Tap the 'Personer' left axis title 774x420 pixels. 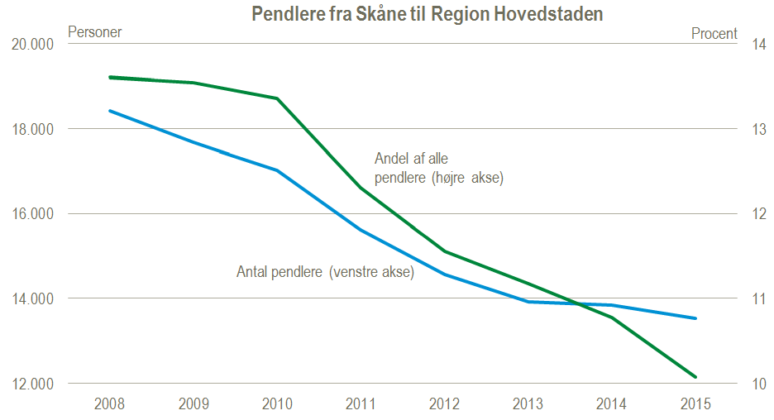(x=94, y=32)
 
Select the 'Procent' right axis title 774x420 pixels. (x=714, y=33)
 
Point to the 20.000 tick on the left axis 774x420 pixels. (x=31, y=44)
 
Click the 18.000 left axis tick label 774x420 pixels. (x=31, y=129)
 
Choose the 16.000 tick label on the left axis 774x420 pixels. (x=31, y=214)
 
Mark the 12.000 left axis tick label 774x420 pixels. (x=31, y=384)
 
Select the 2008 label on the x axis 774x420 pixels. (x=110, y=403)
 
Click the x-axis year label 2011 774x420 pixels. (x=360, y=403)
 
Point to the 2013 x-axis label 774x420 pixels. (x=528, y=403)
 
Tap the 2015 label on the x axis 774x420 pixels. (x=695, y=403)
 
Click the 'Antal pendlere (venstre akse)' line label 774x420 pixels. (x=325, y=271)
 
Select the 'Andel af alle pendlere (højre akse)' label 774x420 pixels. (x=439, y=168)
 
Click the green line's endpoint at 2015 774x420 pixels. (x=695, y=377)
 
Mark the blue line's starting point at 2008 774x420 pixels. (x=110, y=111)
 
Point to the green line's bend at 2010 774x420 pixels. (x=277, y=98)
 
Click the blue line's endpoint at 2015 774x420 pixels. (x=695, y=318)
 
